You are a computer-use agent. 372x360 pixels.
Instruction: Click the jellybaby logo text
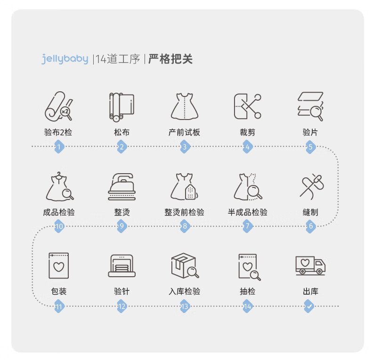pos(65,59)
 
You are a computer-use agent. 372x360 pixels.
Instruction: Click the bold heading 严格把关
pos(170,59)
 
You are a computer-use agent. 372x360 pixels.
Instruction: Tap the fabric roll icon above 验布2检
pos(58,106)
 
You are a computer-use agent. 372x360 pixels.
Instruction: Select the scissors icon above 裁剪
pos(247,106)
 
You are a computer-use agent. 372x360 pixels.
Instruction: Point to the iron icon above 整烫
pos(121,187)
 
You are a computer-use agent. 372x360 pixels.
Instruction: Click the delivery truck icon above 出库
pos(310,265)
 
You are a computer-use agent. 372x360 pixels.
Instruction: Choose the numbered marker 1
pos(59,147)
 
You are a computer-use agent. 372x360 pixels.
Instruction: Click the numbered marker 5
pos(311,147)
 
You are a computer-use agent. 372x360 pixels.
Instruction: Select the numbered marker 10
pos(59,226)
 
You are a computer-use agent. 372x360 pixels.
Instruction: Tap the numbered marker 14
pos(247,306)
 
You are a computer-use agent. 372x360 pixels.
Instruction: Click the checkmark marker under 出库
pos(309,306)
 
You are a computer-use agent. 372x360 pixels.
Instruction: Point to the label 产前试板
pos(184,132)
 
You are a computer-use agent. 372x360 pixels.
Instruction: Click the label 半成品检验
pos(247,212)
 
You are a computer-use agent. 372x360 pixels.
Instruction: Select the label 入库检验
pos(184,291)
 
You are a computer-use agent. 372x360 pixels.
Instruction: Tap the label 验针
pos(121,291)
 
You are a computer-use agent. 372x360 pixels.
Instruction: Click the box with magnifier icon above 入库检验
pos(185,265)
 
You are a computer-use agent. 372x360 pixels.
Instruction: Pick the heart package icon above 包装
pos(58,265)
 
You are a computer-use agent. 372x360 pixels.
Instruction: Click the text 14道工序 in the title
pos(118,59)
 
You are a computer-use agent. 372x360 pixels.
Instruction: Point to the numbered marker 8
pos(185,226)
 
